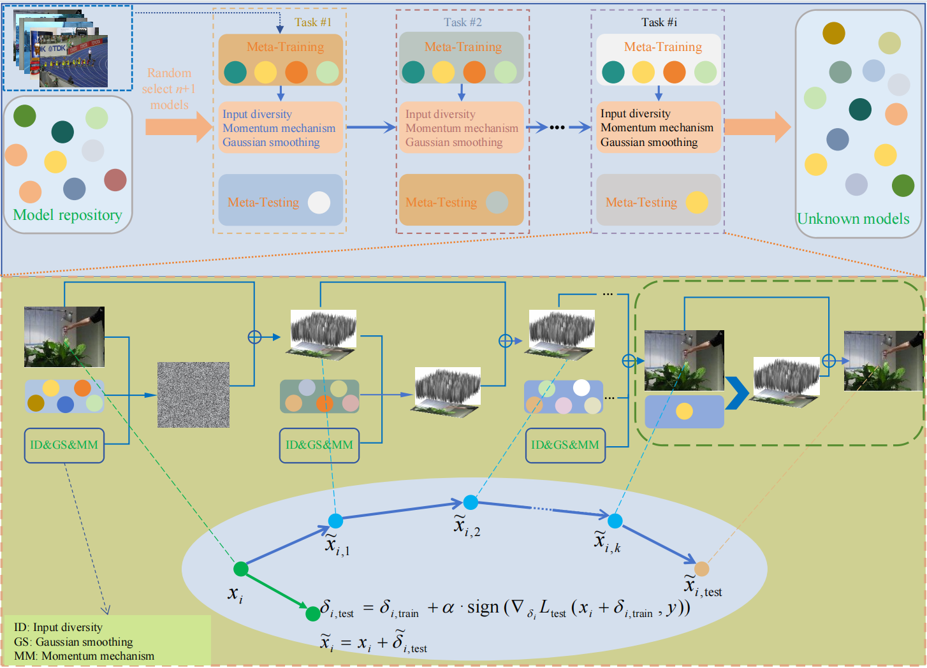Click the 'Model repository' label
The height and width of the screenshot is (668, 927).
coord(68,215)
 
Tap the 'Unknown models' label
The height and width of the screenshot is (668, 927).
coord(853,219)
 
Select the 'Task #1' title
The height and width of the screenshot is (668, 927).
coord(313,22)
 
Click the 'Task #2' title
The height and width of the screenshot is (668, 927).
coord(463,22)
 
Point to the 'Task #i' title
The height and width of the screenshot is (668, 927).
coord(659,22)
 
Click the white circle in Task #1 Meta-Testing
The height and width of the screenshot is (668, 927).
coord(319,202)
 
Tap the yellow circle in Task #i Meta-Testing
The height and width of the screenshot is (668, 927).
coord(697,202)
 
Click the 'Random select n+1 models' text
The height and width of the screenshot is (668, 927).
coord(169,89)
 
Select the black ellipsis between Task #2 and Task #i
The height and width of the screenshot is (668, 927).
coord(557,127)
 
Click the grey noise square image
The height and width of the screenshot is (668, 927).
coord(193,395)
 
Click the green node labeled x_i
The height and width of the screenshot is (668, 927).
coord(241,569)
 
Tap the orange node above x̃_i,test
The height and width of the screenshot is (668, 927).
coord(701,569)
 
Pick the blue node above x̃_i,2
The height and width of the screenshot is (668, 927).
coord(471,502)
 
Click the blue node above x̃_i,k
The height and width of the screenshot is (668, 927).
coord(615,521)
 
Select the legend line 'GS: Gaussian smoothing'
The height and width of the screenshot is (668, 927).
coord(73,642)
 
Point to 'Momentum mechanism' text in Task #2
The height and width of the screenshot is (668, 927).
coord(462,128)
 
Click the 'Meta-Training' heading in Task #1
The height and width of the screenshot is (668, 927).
coord(285,47)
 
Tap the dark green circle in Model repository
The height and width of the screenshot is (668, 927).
coord(62,132)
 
